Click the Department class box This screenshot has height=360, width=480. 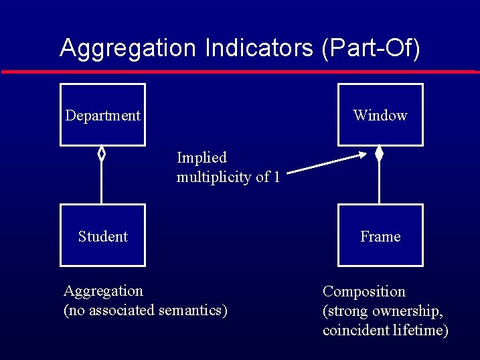[102, 114]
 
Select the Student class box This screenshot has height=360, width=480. [102, 236]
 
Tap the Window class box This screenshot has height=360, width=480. [380, 114]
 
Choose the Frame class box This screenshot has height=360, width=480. [380, 236]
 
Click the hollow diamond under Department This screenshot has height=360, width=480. [102, 154]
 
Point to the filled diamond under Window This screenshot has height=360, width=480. [379, 154]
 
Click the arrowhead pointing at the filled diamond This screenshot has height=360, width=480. [363, 156]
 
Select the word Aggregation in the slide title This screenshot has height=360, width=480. [129, 48]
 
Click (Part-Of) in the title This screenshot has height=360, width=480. [371, 49]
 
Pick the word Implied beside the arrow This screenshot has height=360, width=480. [202, 158]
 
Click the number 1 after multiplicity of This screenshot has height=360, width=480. [276, 177]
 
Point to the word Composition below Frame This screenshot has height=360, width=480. [364, 292]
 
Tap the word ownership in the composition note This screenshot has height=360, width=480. [409, 311]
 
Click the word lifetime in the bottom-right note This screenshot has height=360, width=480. [420, 331]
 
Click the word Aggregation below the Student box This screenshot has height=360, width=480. [103, 291]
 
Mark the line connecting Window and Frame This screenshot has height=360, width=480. [379, 184]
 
